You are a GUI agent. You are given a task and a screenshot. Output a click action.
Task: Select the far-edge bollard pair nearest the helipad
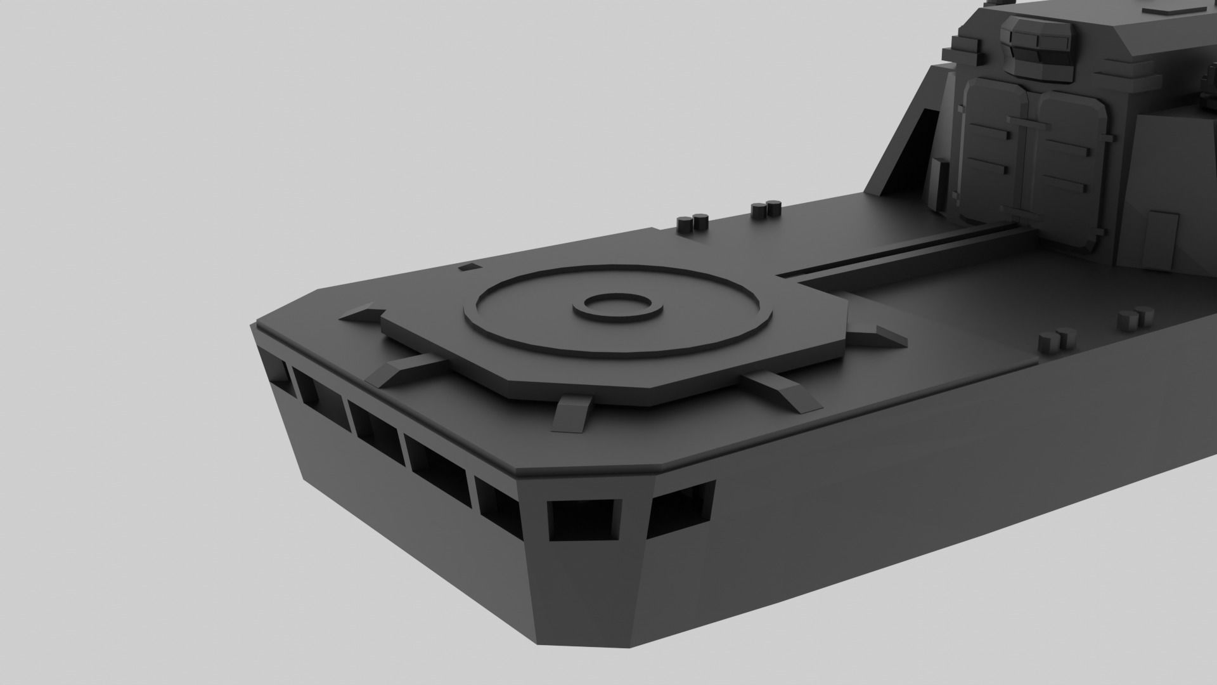[x=692, y=223]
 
